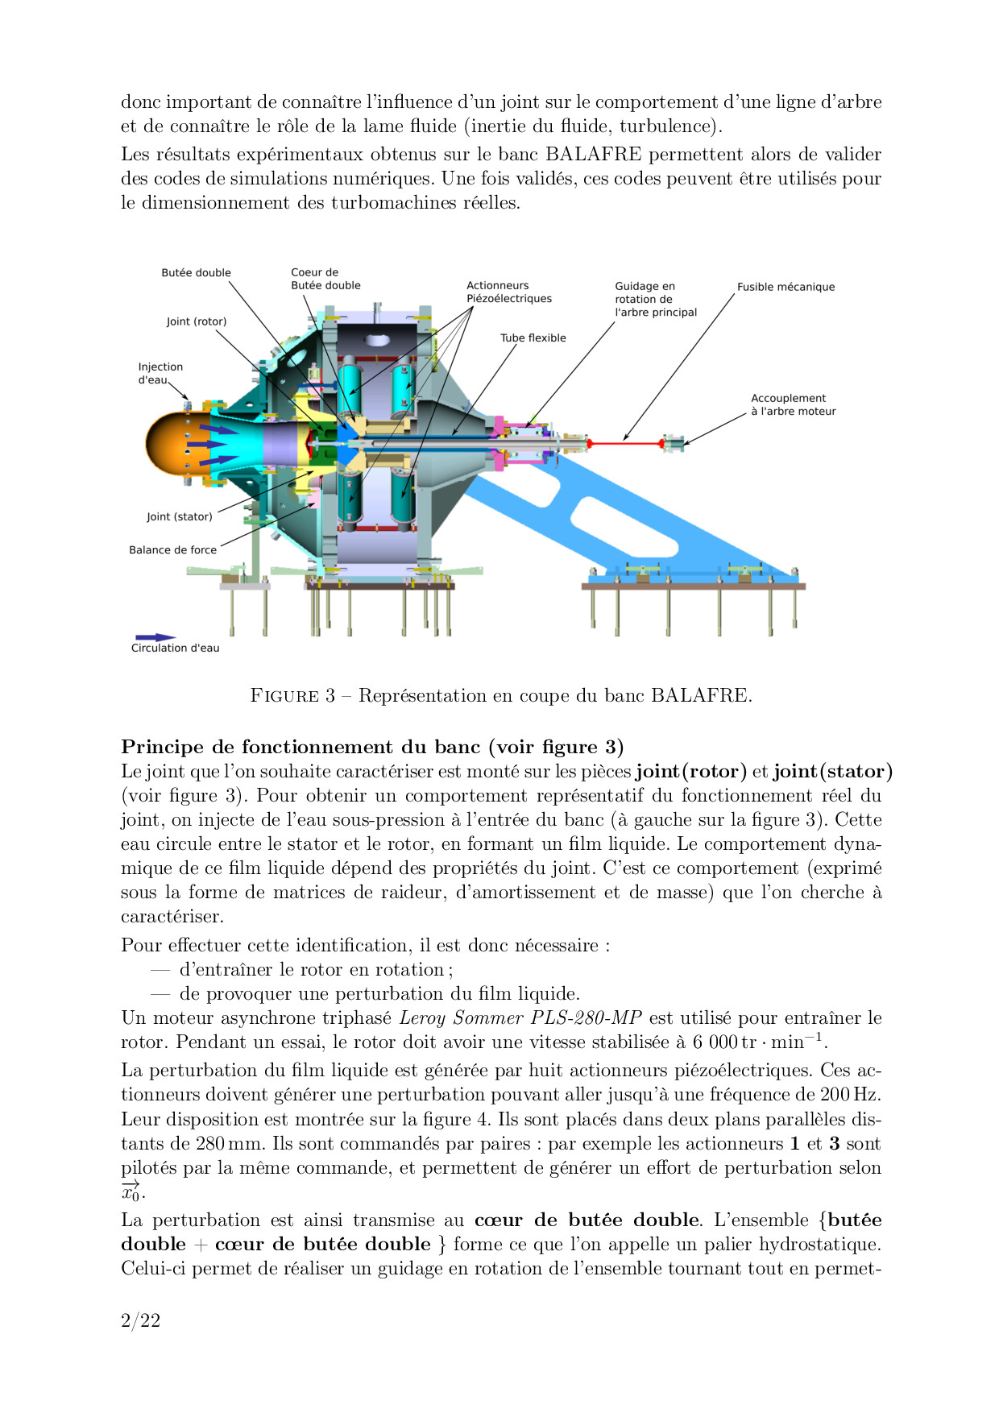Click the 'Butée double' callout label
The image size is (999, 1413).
(196, 273)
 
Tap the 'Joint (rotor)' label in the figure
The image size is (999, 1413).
(197, 321)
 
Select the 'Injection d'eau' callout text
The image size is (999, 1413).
(160, 373)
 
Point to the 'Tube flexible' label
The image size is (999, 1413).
(533, 338)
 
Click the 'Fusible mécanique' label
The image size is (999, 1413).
(786, 287)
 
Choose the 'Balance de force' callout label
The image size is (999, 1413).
(172, 550)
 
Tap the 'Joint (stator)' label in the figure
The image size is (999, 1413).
(180, 517)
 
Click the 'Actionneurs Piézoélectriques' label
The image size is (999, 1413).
(509, 292)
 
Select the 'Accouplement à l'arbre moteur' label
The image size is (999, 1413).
(793, 404)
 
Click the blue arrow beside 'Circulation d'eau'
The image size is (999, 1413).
(155, 637)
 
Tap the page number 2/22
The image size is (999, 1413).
(140, 1320)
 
